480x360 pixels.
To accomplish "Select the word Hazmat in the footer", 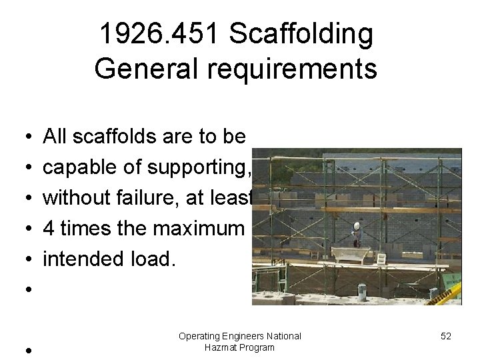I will [221, 348].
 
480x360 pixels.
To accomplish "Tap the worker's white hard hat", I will [357, 226].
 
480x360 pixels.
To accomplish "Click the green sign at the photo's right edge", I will [455, 277].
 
